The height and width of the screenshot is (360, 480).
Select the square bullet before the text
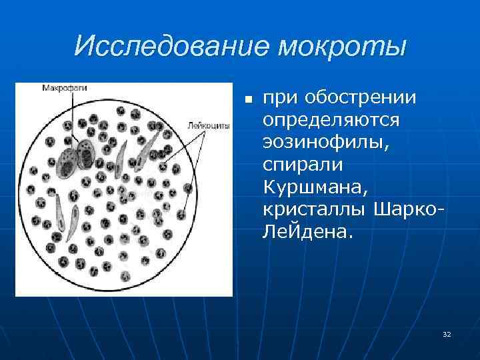pos(247,100)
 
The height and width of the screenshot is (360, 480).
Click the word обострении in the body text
pos(360,99)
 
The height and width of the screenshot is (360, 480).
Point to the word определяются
pos(331,121)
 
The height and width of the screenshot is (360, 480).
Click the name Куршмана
pos(313,187)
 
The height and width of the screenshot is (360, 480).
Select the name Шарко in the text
pos(406,210)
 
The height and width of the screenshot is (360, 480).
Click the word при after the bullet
pos(280,99)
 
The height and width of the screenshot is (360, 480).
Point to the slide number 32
pos(447,333)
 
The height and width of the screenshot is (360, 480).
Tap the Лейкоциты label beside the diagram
pos(209,125)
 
